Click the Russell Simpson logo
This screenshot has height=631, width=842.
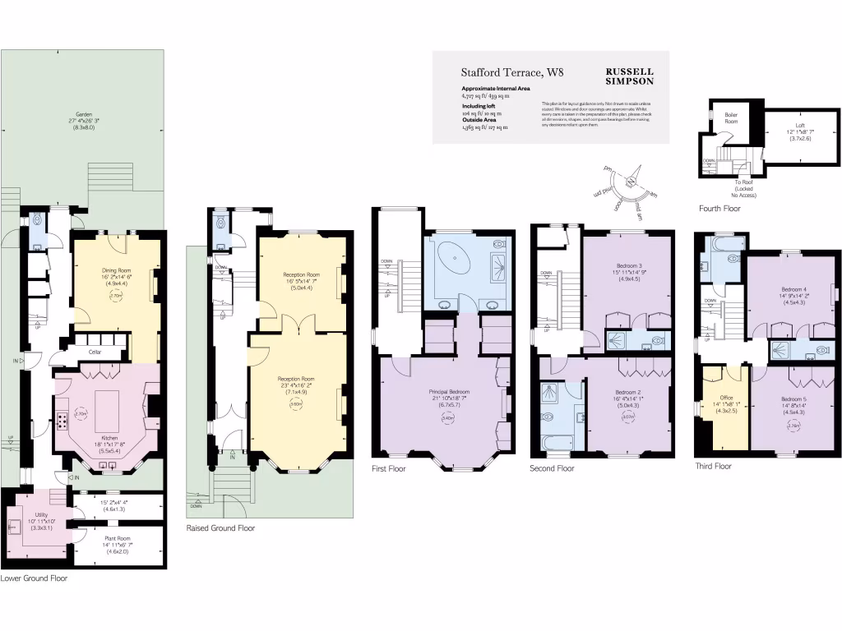pyautogui.click(x=629, y=76)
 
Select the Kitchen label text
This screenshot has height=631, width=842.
pyautogui.click(x=109, y=438)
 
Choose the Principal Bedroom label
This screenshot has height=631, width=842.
pyautogui.click(x=449, y=392)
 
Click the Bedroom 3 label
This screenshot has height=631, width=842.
pyautogui.click(x=627, y=264)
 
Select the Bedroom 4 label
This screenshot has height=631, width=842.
pyautogui.click(x=793, y=289)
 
